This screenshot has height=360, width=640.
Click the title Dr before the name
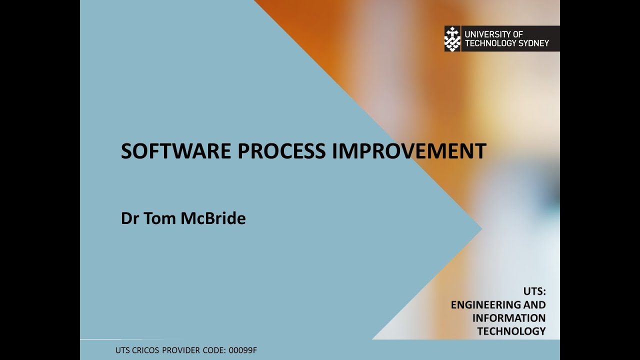coord(130,218)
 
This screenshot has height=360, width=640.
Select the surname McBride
coord(213,218)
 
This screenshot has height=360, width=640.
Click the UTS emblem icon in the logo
coord(452,38)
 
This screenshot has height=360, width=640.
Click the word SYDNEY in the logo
coord(534,43)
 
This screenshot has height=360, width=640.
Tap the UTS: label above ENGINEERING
coord(534,291)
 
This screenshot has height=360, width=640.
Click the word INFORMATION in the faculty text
coord(509,318)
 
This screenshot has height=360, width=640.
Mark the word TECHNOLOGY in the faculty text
coord(511,331)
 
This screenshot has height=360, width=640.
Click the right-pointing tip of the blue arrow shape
coord(480,229)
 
